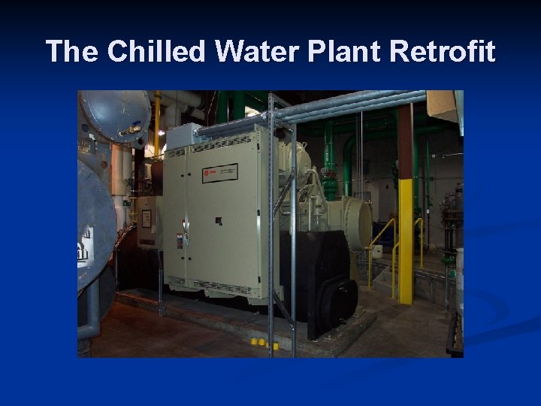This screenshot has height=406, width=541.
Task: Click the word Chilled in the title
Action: [156, 52]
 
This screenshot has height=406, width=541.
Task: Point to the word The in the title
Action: [72, 52]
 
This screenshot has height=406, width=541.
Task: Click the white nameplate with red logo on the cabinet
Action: [219, 173]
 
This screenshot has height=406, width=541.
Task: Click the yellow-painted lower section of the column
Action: [406, 241]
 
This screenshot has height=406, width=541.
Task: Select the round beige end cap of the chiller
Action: [358, 223]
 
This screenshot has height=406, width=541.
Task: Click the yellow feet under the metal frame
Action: [264, 344]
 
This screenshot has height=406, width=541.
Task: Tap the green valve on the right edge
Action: [449, 259]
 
